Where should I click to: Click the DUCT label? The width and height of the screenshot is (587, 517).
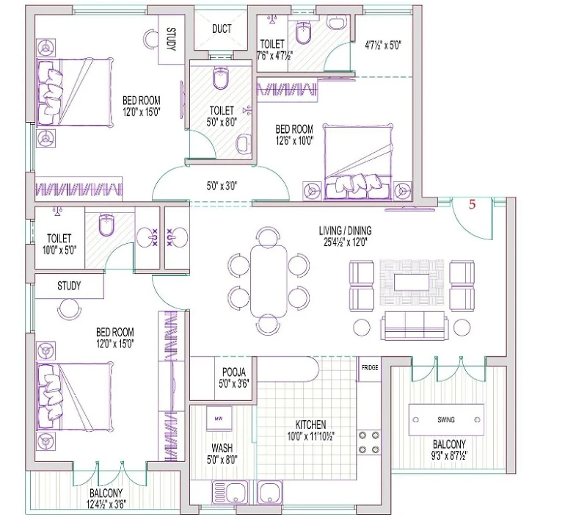222,29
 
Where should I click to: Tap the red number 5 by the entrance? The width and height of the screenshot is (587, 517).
472,204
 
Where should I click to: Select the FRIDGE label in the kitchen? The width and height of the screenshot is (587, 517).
370,367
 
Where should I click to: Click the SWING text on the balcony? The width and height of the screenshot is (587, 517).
446,419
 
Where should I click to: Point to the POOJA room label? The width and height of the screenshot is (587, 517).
234,372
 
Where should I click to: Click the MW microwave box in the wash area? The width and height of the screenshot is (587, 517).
219,419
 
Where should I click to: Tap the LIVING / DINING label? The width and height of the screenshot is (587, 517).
345,231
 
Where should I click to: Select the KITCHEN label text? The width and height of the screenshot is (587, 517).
310,424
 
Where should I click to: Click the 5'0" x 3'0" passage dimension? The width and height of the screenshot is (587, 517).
222,186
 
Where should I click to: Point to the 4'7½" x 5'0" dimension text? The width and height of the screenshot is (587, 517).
383,46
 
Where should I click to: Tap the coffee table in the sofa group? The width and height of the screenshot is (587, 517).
412,282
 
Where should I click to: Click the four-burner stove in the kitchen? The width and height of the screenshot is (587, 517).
369,442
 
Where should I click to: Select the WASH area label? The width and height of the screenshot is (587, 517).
222,448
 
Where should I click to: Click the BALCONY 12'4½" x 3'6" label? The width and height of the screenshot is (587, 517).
106,499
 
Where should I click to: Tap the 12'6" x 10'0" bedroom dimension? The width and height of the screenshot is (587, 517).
295,140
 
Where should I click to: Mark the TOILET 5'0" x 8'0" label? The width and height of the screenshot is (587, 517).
222,116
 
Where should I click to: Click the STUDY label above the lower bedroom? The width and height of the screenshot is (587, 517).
69,286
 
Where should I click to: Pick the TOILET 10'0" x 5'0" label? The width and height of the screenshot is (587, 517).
59,244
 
